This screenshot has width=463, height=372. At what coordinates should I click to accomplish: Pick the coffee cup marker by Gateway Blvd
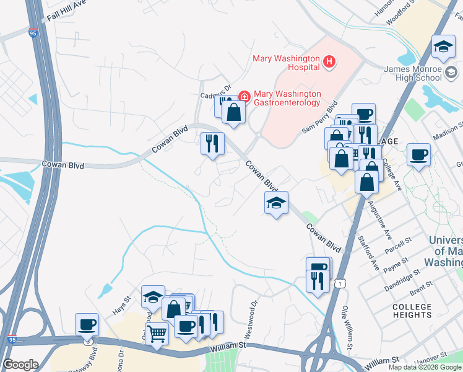click(87, 324)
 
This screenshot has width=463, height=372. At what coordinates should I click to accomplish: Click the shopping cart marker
click(157, 335)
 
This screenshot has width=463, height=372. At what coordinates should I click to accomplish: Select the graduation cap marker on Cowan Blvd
click(276, 203)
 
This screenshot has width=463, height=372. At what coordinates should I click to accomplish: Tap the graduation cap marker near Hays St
click(153, 297)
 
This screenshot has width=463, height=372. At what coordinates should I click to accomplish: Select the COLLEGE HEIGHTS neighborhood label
click(412, 311)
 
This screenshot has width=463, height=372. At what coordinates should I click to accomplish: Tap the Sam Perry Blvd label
click(319, 117)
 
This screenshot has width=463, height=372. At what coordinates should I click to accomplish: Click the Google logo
click(20, 364)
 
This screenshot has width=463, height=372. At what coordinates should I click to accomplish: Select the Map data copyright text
click(425, 367)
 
